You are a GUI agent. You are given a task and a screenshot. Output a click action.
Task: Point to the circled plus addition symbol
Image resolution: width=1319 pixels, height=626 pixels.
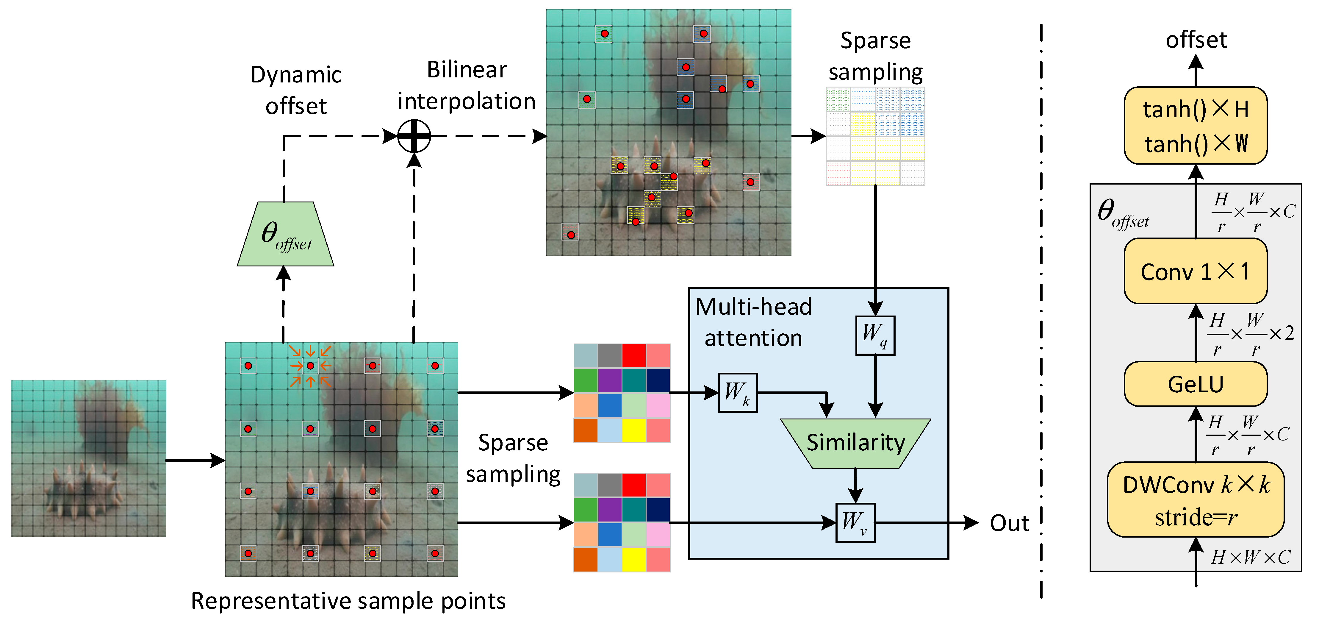click(414, 136)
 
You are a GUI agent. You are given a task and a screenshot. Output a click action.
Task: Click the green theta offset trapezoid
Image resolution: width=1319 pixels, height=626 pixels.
click(285, 235)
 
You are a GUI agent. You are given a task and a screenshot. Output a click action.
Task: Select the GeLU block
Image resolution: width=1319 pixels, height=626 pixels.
click(1195, 384)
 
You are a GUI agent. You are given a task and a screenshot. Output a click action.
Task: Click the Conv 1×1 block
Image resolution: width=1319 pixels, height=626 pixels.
click(1195, 271)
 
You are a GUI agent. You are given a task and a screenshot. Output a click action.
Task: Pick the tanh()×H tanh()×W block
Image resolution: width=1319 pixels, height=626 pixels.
click(1195, 126)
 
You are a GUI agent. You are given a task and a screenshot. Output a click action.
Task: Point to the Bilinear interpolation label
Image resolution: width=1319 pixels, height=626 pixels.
click(467, 85)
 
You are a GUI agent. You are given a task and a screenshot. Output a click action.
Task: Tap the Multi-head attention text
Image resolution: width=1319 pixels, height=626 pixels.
click(753, 322)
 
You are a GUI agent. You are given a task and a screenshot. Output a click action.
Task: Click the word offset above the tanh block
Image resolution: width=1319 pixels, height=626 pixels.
click(1196, 40)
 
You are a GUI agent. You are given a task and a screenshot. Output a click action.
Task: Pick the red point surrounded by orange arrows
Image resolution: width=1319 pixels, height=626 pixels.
click(310, 366)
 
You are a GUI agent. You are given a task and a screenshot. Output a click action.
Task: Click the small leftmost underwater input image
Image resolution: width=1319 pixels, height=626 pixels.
click(89, 458)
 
